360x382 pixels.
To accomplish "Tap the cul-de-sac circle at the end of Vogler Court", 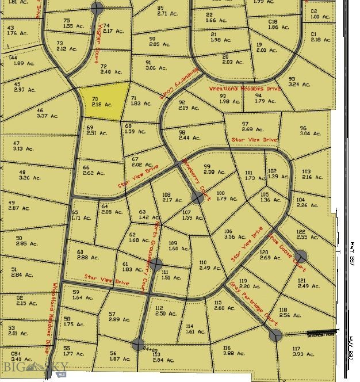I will [x=97, y=8].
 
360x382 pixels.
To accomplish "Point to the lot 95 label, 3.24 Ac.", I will [x=299, y=82].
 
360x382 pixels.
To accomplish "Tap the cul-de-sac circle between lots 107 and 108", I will [x=197, y=198].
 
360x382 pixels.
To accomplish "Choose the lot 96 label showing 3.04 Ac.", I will [x=309, y=131].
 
